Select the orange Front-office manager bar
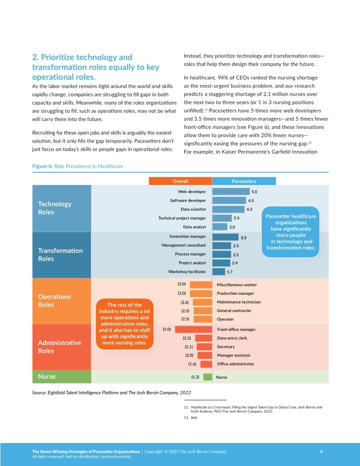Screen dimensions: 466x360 (x=193, y=329)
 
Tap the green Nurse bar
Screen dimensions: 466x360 (x=207, y=377)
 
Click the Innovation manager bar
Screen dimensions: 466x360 (x=225, y=237)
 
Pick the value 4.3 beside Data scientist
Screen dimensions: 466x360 (x=249, y=209)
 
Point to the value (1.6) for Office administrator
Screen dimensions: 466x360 (x=192, y=364)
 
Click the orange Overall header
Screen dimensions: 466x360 (x=180, y=181)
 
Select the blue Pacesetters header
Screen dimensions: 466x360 (x=244, y=181)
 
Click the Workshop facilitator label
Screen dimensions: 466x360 (x=187, y=271)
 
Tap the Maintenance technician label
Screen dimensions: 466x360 (x=239, y=302)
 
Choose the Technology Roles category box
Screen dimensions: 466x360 (x=62, y=208)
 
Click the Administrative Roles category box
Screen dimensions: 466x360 (x=62, y=347)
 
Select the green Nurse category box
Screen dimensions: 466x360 (x=62, y=377)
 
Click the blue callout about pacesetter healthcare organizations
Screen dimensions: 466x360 (x=291, y=232)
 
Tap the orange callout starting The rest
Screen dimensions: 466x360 (x=124, y=323)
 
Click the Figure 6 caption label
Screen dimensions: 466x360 (x=78, y=166)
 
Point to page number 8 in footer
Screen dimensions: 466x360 (x=321, y=451)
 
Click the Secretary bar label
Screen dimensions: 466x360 (x=226, y=347)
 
